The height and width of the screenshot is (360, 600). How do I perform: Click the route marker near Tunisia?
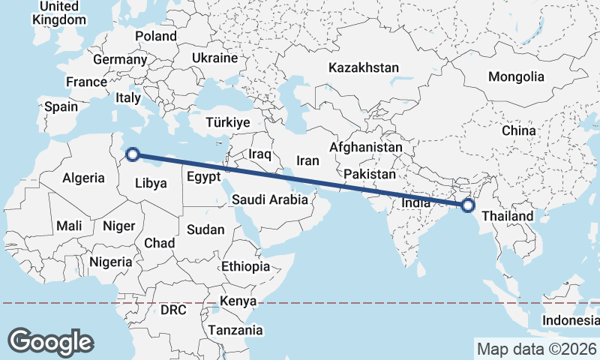coord(133,154)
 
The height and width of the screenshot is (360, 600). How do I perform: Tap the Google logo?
coord(51,341)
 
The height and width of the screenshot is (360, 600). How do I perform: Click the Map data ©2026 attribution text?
coord(536,349)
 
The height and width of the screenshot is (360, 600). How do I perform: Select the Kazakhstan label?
coord(363,67)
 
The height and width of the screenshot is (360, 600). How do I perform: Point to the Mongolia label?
coord(516,76)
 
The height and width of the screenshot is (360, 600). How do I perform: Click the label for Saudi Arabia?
coord(269,199)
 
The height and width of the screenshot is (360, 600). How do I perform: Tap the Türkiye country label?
coord(227,122)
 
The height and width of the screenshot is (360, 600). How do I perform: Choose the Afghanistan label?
coord(365,148)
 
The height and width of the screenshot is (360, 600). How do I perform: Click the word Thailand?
coord(507,217)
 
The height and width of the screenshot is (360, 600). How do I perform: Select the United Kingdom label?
coord(60,13)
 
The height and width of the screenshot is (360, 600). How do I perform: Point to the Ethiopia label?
coord(245,266)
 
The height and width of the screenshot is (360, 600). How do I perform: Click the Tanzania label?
coord(235,330)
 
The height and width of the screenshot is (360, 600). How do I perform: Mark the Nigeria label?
coord(110,262)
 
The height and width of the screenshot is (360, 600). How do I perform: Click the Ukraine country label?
coord(214,58)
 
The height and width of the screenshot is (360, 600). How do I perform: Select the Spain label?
coord(61,106)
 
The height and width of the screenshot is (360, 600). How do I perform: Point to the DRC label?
coord(173,310)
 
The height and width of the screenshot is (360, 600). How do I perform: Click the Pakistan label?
coord(369,174)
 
